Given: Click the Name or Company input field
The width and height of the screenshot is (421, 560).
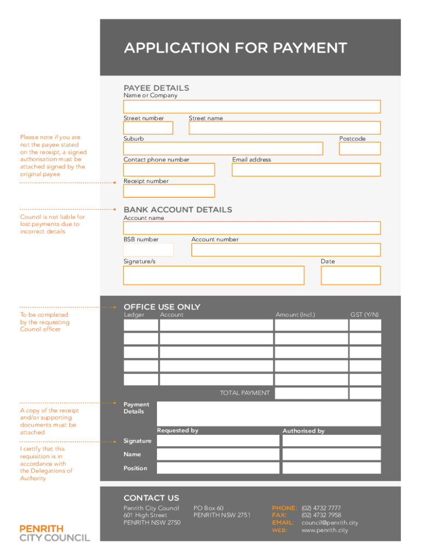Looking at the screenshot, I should [252, 107].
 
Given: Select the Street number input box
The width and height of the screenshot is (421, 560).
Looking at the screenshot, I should [148, 128].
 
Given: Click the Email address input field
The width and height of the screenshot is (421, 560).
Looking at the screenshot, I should [306, 170].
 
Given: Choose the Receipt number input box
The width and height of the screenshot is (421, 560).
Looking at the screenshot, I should [169, 191].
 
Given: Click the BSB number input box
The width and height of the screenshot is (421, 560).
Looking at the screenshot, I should [148, 250].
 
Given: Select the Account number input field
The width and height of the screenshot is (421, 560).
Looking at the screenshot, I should [285, 250].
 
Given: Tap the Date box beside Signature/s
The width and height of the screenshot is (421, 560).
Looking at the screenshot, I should [350, 276].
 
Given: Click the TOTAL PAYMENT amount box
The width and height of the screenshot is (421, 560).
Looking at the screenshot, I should [311, 393].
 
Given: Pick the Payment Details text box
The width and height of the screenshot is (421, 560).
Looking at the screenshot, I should [268, 413].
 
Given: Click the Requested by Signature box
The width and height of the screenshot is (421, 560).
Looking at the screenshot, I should [218, 441].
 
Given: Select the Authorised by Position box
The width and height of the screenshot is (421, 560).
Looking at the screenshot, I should [331, 468].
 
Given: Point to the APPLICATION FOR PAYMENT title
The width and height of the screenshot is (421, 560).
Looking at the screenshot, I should [235, 48].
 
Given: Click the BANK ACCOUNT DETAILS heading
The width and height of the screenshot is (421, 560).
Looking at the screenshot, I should [178, 210].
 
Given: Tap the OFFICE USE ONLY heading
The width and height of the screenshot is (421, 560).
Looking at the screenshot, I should [162, 307].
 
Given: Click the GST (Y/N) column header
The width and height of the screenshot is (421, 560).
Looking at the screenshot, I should [365, 315].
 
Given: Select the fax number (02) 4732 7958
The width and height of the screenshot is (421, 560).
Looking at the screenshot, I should [321, 515].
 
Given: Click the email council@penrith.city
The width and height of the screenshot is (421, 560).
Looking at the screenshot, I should [330, 523].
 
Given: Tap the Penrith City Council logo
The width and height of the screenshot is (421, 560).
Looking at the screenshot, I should [55, 533].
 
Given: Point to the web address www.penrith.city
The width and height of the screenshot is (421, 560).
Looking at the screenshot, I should [325, 530].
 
